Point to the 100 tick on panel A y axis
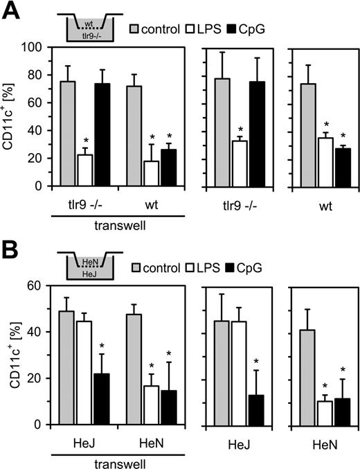pyautogui.click(x=46, y=47)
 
